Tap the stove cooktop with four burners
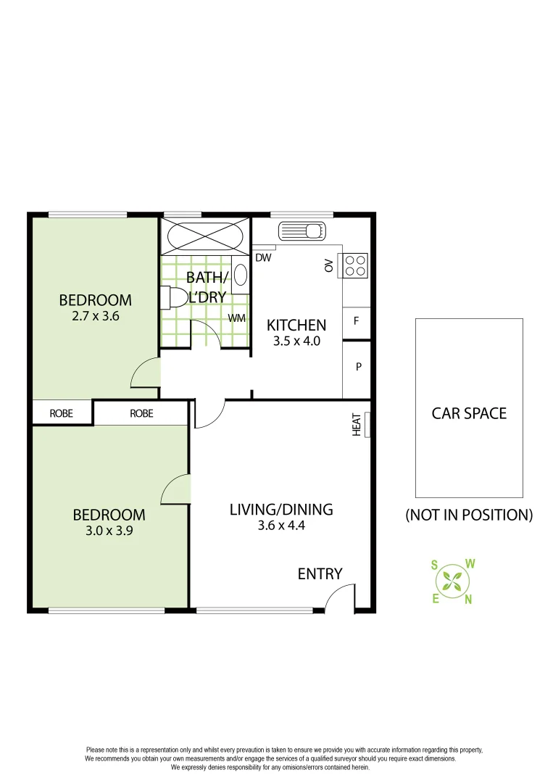point(355,265)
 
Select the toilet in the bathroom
point(174,297)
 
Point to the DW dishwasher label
point(263,257)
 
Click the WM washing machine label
point(237,318)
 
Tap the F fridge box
point(357,320)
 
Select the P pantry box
point(358,368)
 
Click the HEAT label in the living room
point(357,424)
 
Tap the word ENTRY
point(320,573)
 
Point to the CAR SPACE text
point(469,413)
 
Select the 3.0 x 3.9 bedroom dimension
point(109,530)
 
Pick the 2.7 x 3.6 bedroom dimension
point(96,315)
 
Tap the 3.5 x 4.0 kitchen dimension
point(296,340)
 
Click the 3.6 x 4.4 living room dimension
point(281,526)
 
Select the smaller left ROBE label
point(62,413)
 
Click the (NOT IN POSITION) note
point(469,515)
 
